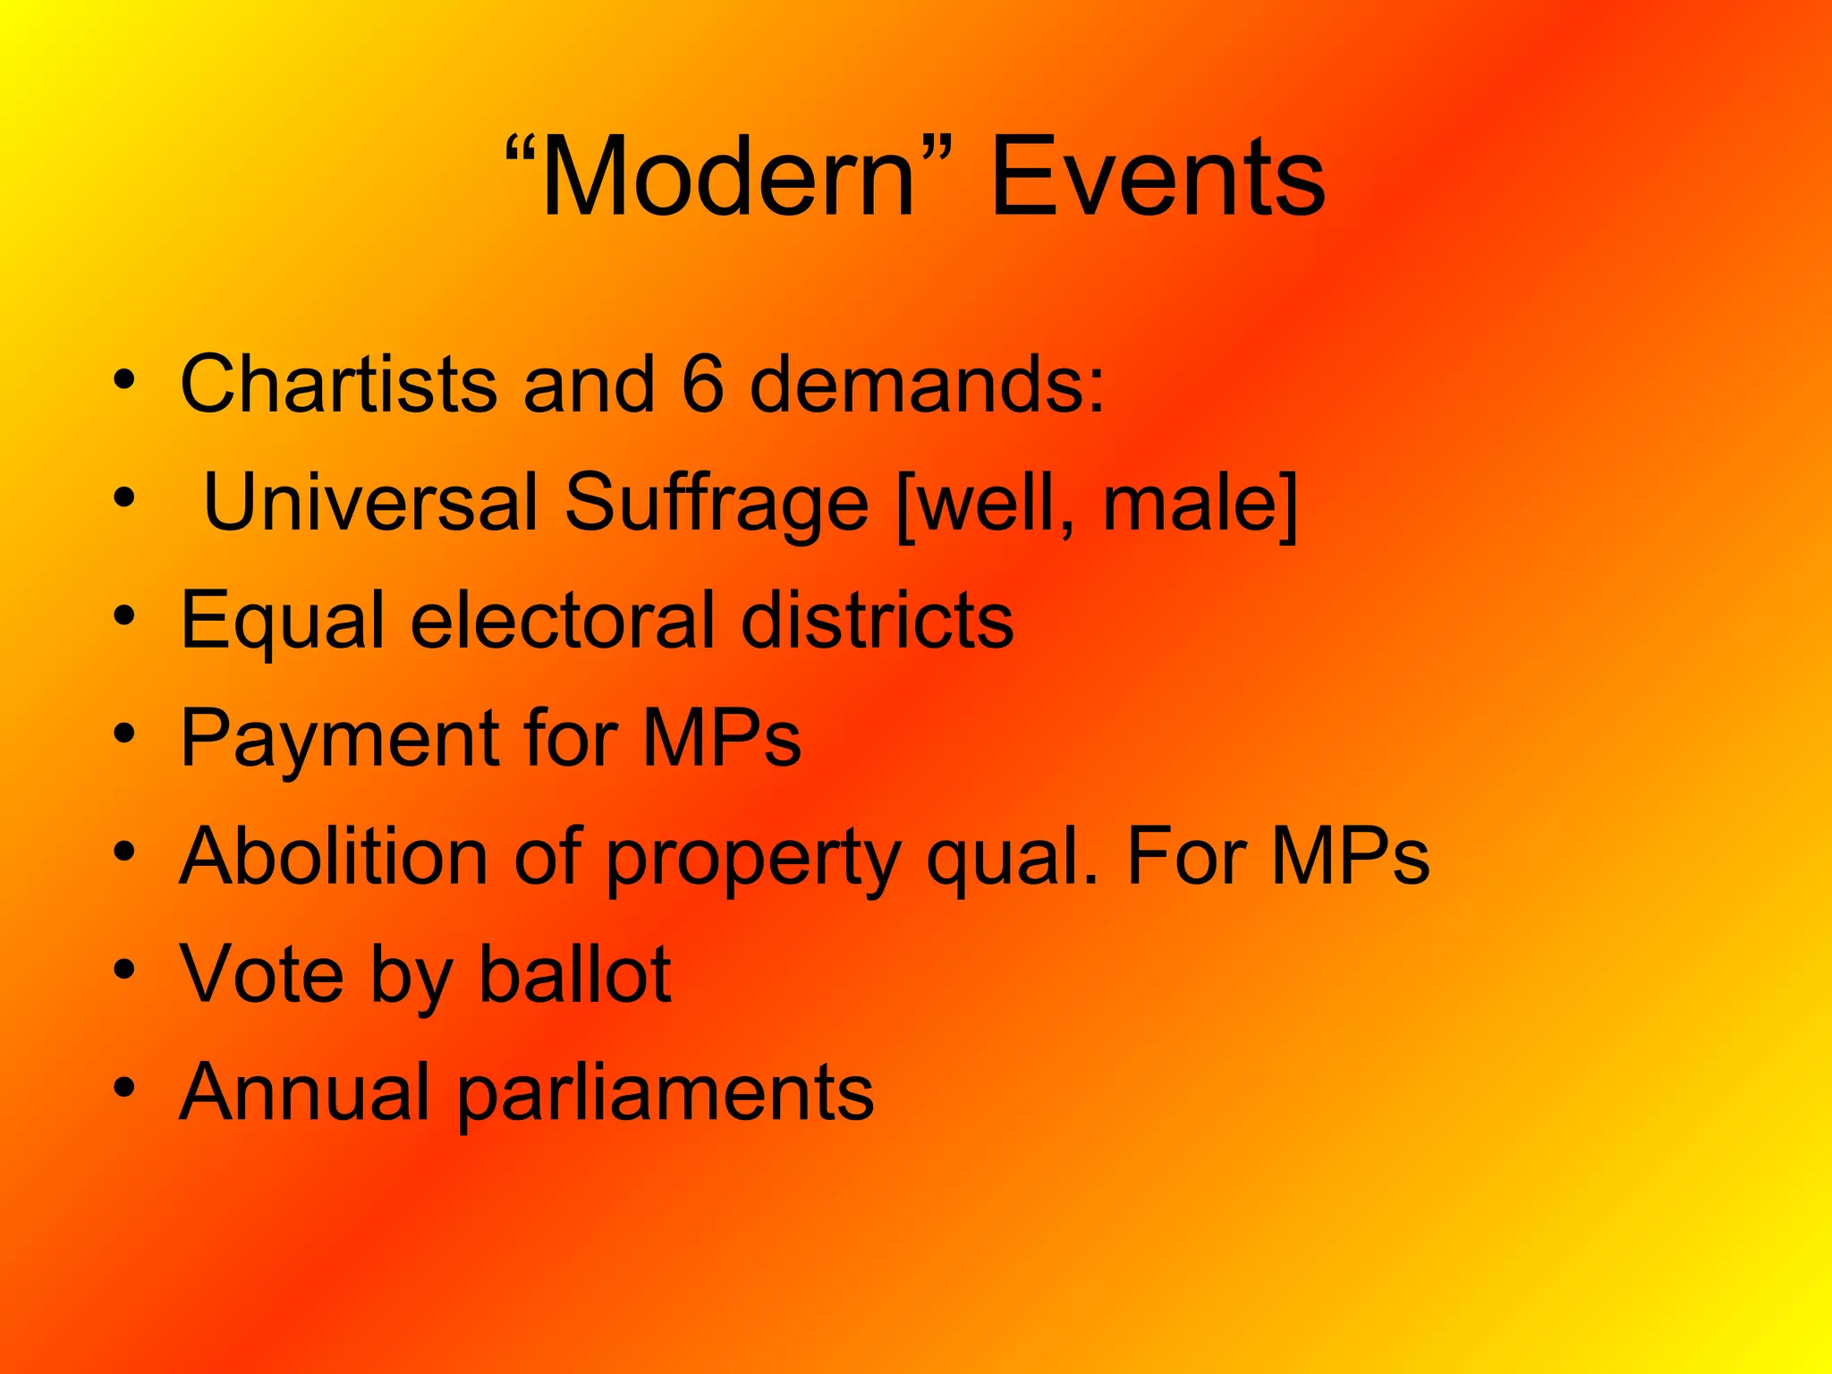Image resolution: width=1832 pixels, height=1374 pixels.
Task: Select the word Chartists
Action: coord(338,384)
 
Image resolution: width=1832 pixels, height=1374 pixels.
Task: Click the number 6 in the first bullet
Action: coord(702,384)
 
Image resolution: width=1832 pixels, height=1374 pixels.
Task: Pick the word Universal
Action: coord(371,502)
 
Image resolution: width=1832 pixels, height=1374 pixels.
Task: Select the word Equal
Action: coord(283,622)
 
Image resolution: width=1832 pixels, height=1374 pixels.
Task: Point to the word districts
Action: coord(878,620)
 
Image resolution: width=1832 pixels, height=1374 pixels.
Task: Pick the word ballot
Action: coord(575,974)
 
